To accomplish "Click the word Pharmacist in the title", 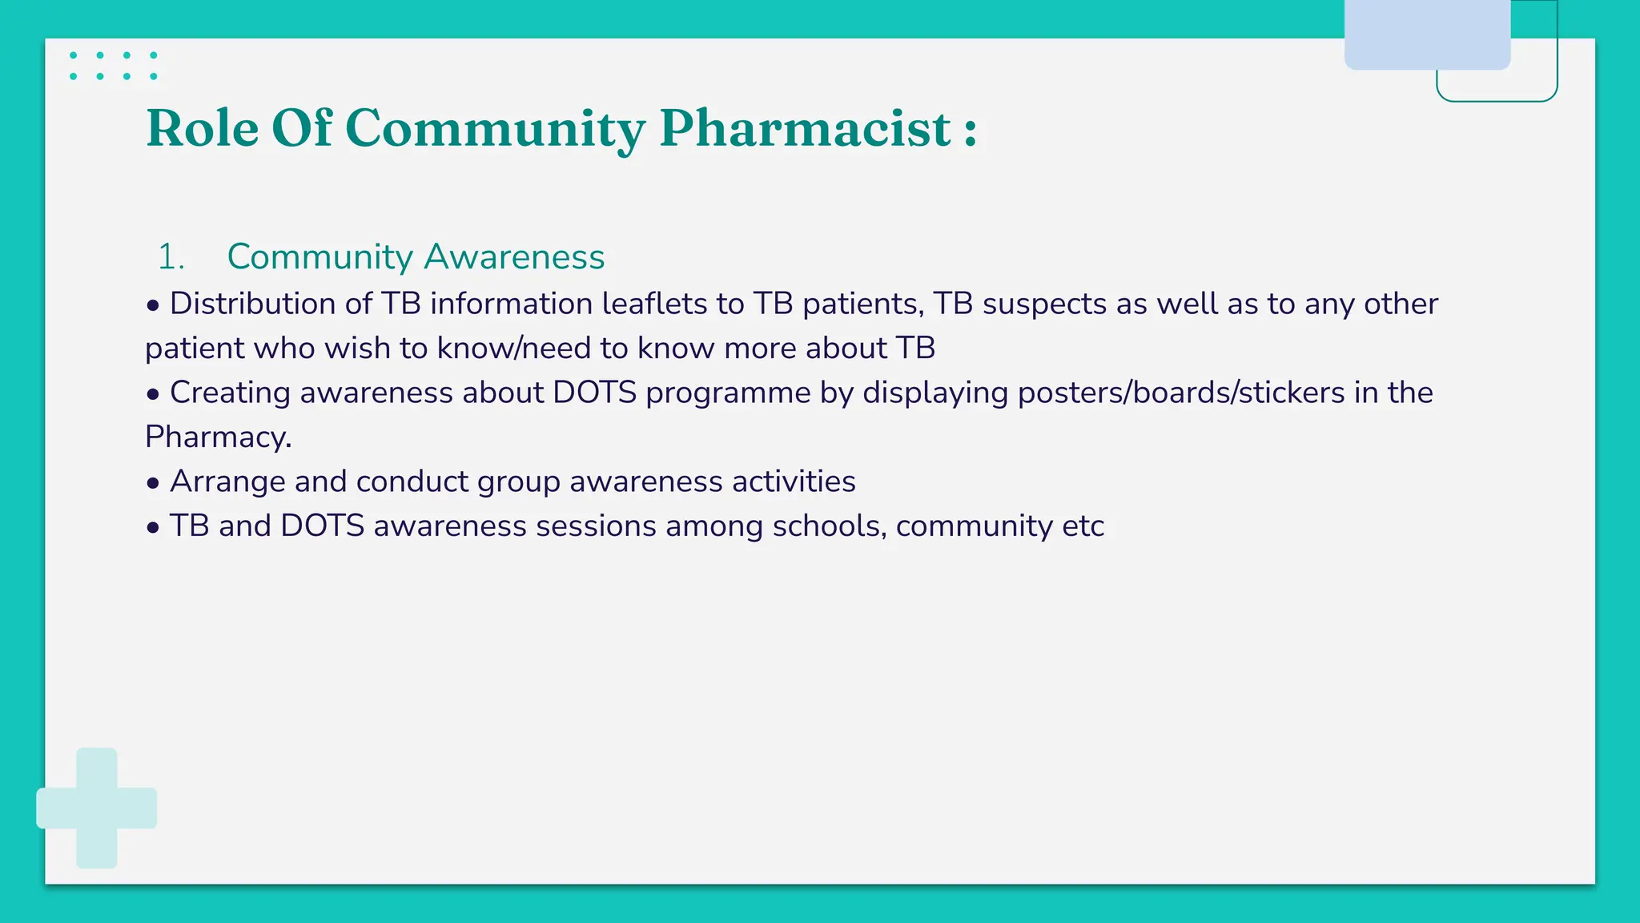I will pyautogui.click(x=805, y=128).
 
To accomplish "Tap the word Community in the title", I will pyautogui.click(x=495, y=128).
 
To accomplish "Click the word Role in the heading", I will pyautogui.click(x=203, y=128).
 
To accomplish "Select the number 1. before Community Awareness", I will pyautogui.click(x=171, y=257).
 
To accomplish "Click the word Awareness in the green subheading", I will pyautogui.click(x=514, y=257).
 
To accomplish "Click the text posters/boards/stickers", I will pyautogui.click(x=1180, y=393).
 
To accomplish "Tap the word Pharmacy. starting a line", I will pyautogui.click(x=218, y=437).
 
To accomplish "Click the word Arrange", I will pyautogui.click(x=227, y=482).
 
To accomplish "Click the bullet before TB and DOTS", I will pyautogui.click(x=153, y=527).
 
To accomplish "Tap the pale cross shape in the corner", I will pyautogui.click(x=97, y=808).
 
